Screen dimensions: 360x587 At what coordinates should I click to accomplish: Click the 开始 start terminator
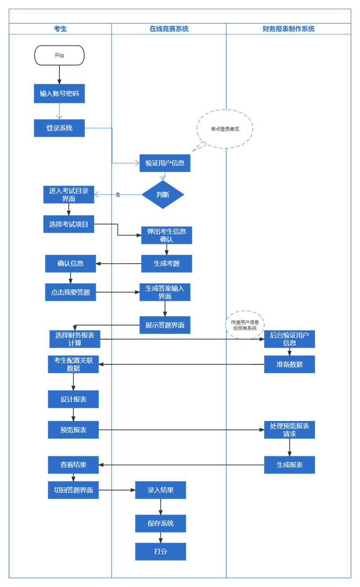point(59,55)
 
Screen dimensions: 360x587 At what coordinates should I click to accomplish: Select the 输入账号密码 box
point(59,94)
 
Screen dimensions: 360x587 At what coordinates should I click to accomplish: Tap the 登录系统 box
point(59,128)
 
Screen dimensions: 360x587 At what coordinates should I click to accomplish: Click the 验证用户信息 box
point(165,163)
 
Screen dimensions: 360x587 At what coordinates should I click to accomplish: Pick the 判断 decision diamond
point(163,194)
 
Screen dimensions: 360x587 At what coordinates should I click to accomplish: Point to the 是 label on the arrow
point(118,195)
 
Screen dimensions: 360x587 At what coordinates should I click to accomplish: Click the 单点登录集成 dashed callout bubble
point(225,129)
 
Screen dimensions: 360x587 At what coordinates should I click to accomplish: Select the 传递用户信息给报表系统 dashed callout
point(245,325)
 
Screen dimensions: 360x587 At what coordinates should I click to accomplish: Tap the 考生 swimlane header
point(60,29)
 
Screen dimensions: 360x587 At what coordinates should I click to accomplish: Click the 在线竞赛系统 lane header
point(169,29)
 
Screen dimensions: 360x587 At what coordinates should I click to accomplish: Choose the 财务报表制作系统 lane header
point(288,29)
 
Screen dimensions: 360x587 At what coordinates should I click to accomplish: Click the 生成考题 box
point(167,264)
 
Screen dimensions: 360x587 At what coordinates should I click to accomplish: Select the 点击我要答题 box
point(71,292)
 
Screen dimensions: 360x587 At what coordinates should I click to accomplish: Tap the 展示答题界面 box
point(165,325)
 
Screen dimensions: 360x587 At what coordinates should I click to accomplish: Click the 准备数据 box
point(289,364)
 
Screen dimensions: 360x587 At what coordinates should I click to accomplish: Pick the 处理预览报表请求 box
point(289,430)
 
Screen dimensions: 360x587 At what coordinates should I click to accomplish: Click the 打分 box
point(161,551)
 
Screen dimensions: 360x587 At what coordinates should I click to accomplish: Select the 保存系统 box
point(161,524)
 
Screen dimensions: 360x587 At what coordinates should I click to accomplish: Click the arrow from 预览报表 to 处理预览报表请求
point(181,430)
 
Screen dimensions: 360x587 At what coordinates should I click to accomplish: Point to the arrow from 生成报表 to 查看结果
point(181,465)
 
